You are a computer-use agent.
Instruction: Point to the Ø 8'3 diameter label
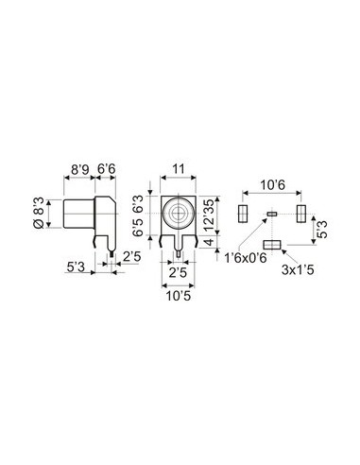coord(37,213)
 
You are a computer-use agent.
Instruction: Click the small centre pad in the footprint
coord(272,215)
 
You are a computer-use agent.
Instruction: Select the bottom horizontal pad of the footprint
coord(273,245)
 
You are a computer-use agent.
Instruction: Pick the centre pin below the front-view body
coord(178,250)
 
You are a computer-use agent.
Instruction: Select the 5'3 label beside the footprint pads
coord(323,227)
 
